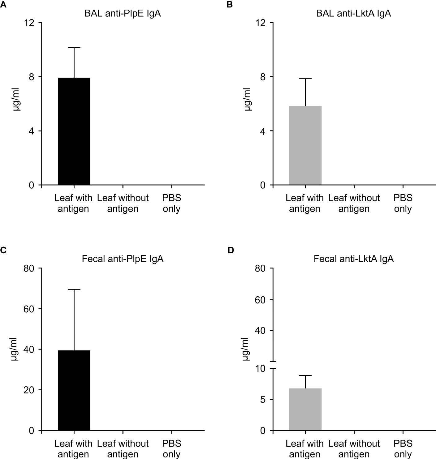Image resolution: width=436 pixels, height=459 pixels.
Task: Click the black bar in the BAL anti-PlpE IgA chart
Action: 74,131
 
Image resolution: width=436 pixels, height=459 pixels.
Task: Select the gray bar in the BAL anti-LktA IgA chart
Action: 305,145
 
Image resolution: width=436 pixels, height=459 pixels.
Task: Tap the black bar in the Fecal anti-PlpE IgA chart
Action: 74,390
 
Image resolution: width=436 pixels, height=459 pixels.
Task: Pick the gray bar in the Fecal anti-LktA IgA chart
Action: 305,409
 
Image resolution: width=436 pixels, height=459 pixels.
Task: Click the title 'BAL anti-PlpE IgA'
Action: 123,14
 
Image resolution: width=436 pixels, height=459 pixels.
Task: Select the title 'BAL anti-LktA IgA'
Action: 353,14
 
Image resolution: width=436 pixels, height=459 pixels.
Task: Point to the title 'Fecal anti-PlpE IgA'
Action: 123,259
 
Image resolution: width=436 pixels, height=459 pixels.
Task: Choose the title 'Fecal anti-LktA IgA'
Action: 353,259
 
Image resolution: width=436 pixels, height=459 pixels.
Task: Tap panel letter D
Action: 231,250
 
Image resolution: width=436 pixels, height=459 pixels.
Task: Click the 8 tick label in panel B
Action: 263,77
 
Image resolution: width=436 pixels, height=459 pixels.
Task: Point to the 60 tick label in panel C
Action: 29,309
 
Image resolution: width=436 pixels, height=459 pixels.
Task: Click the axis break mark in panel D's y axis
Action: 273,365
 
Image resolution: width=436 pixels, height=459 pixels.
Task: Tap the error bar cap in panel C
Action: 74,289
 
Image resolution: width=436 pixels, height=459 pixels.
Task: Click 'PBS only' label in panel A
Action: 171,203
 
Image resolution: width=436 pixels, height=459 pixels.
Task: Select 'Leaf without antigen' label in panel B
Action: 354,203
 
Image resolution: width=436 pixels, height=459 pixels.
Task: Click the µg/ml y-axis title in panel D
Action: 247,349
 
